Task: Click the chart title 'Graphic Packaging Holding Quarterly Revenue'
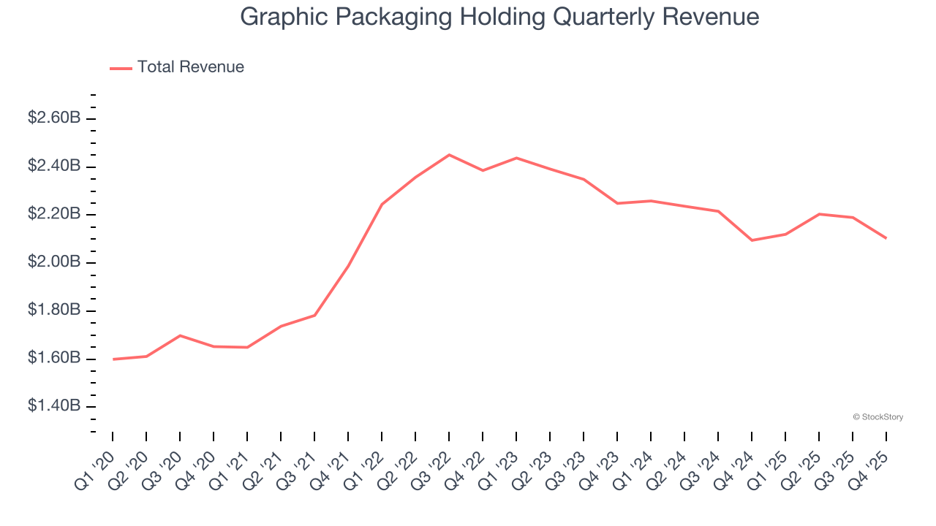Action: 499,17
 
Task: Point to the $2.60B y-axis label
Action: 54,118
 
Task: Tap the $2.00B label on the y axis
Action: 54,262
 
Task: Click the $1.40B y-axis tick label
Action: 54,406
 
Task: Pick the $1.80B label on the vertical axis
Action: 54,310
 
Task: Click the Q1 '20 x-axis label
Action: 95,462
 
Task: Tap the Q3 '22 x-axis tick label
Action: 431,462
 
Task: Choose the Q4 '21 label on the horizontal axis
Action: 331,462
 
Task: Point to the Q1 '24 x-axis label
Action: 633,462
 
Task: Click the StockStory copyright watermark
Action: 878,417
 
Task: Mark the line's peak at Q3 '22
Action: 449,155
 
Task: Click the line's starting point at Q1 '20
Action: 113,359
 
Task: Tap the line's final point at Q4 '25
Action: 886,238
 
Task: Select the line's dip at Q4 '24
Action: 752,240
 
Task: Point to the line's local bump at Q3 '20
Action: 180,335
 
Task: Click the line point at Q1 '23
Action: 516,158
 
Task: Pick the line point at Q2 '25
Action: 819,214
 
